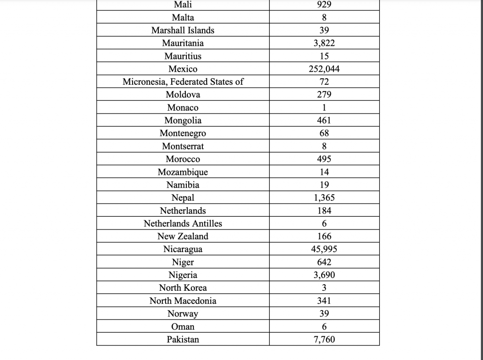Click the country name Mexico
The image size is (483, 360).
[x=183, y=69]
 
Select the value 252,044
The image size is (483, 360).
[x=324, y=69]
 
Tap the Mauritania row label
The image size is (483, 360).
[x=183, y=43]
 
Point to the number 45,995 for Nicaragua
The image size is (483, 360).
[x=324, y=249]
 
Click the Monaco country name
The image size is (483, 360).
[x=183, y=107]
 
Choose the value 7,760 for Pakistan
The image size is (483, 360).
[x=324, y=339]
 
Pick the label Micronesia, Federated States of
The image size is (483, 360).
[x=183, y=82]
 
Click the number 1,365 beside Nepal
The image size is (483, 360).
[x=324, y=198]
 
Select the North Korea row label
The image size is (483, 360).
[x=183, y=288]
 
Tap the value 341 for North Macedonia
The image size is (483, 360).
[x=324, y=301]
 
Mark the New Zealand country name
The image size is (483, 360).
[x=183, y=237]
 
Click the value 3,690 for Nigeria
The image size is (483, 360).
[x=324, y=275]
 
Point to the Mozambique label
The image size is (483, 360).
[x=183, y=172]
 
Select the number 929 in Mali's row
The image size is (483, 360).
[x=324, y=5]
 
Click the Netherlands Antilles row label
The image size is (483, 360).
[x=183, y=223]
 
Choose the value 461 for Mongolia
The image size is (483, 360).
[x=324, y=121]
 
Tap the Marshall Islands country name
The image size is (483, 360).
[x=183, y=30]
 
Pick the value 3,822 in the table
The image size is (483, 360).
[x=324, y=43]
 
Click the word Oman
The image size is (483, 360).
[x=183, y=327]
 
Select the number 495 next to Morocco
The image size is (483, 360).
[x=324, y=159]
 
